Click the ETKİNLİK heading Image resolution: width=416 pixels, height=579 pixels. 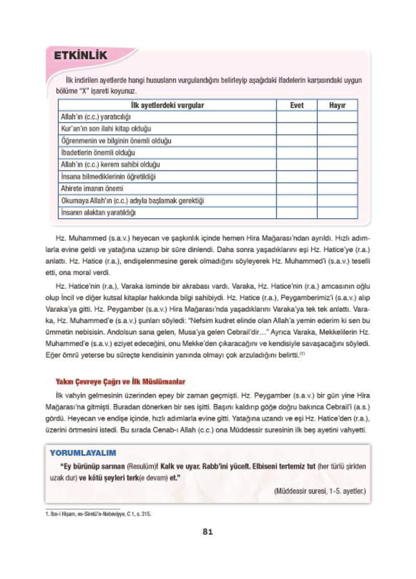click(80, 56)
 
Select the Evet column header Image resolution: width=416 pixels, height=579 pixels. click(297, 105)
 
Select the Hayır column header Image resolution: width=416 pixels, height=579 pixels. click(337, 105)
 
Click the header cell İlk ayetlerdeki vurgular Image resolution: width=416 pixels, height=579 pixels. click(167, 105)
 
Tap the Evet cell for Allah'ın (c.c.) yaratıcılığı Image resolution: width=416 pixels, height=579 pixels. click(297, 117)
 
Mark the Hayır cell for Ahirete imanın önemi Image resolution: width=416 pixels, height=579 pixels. click(337, 188)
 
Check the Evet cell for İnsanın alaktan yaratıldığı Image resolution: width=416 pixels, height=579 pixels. click(297, 212)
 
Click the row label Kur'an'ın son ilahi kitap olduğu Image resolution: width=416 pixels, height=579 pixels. click(106, 129)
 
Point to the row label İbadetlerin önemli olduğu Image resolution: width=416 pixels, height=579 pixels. click(98, 153)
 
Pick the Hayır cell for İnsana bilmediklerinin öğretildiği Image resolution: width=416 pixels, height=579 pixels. click(337, 177)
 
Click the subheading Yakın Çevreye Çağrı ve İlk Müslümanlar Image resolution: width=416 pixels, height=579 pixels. click(120, 382)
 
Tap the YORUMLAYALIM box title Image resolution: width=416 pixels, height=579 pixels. click(83, 453)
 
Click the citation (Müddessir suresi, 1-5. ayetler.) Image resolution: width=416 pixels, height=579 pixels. click(319, 491)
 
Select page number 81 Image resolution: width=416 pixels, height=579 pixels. click(207, 532)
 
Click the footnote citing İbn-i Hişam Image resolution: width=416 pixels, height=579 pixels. click(98, 514)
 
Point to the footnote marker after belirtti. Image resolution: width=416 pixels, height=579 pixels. click(302, 354)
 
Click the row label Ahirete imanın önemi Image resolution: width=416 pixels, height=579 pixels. click(92, 188)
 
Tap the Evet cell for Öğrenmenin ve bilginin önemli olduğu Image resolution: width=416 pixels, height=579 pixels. click(297, 141)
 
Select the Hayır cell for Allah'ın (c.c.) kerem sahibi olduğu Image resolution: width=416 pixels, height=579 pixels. click(337, 164)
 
